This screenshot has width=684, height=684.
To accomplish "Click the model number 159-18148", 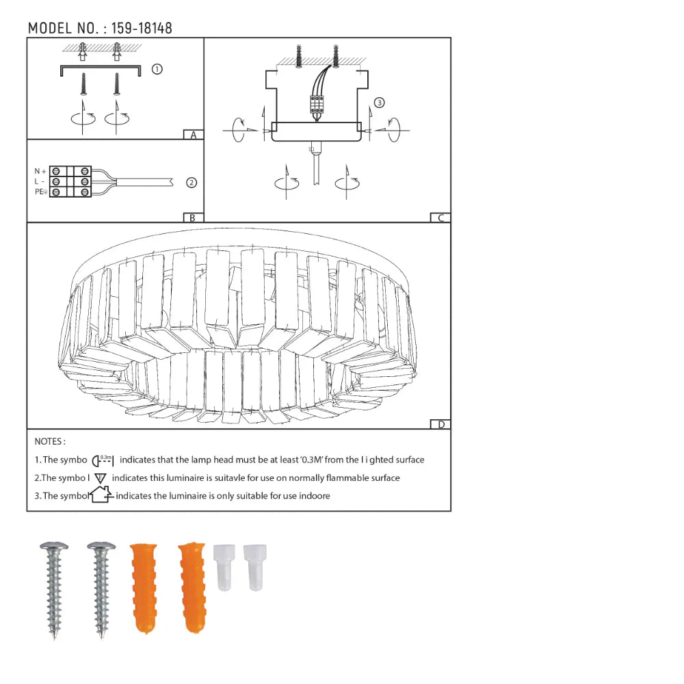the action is [142, 28].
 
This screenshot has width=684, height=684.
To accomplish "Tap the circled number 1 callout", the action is [157, 69].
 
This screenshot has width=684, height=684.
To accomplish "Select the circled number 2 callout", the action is [192, 183].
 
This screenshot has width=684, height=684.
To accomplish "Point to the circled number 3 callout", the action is [379, 103].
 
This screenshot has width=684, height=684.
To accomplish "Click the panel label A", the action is [194, 135].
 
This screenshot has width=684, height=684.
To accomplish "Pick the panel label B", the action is [192, 218].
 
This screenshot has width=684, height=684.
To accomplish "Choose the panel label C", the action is [440, 218].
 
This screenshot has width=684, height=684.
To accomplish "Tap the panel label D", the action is [441, 425].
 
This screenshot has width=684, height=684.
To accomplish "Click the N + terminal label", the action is [40, 171].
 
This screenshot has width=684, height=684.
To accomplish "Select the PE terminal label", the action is [40, 192].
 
